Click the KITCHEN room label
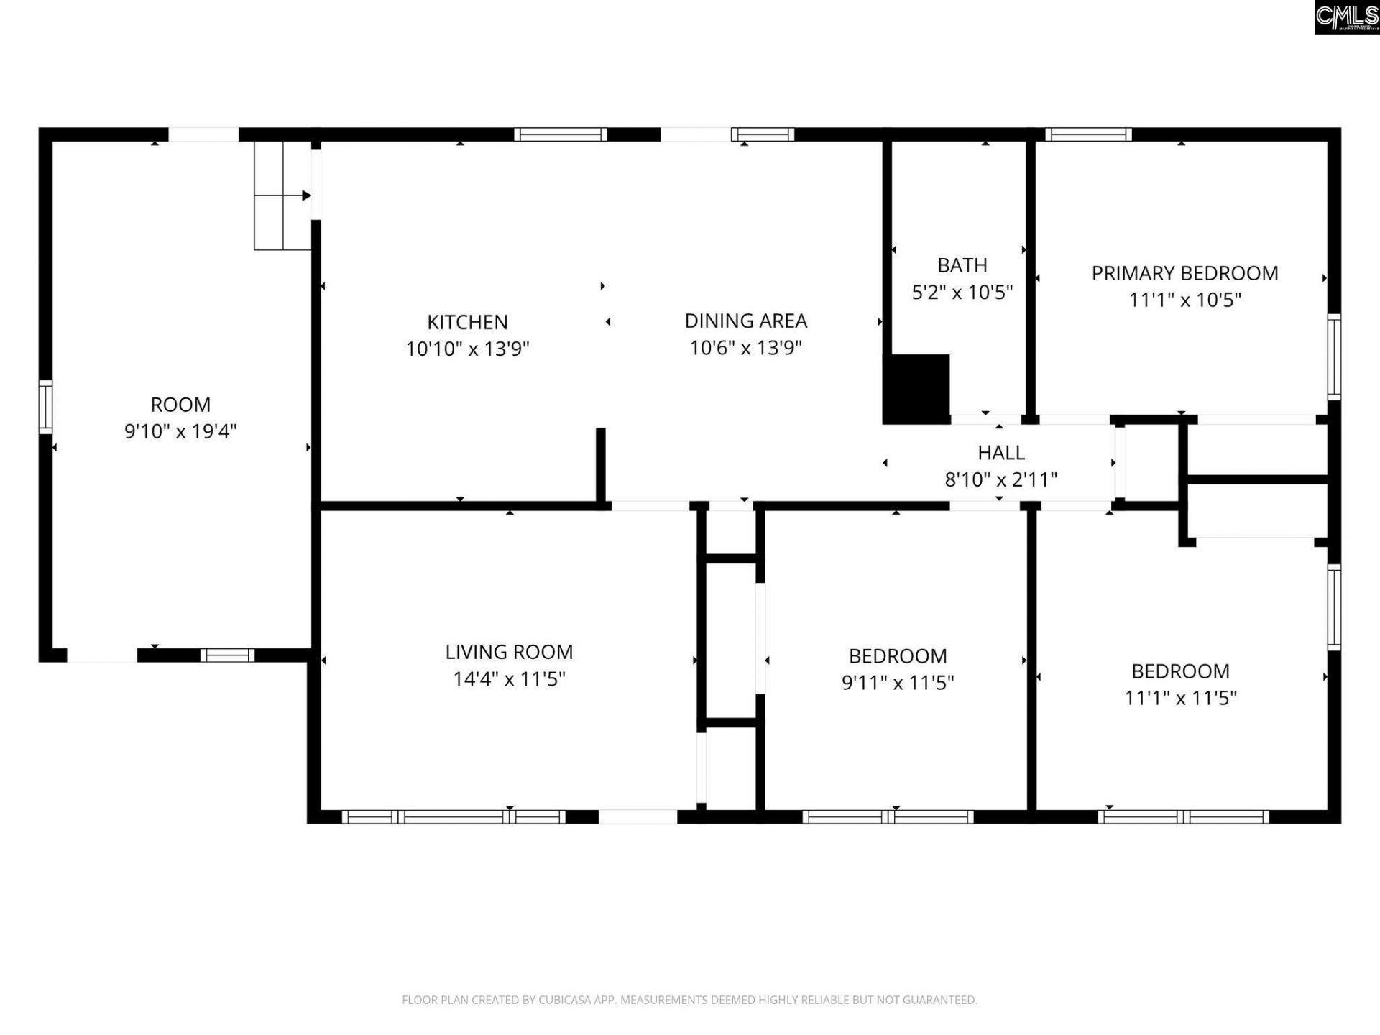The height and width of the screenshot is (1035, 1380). [x=467, y=322]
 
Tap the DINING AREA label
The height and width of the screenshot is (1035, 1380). [x=745, y=321]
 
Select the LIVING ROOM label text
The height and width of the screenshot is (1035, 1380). [x=509, y=652]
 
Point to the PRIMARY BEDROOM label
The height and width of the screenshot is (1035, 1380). [x=1184, y=273]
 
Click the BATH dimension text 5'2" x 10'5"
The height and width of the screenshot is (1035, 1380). [x=962, y=293]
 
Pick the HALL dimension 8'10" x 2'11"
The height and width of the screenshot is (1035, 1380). [x=1000, y=479]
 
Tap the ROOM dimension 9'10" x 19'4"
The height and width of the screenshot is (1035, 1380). [x=180, y=431]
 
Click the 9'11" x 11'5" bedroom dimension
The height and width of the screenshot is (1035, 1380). [x=898, y=682]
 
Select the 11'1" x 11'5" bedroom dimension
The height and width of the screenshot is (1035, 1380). [x=1180, y=697]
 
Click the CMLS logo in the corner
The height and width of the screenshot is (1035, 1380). [x=1347, y=17]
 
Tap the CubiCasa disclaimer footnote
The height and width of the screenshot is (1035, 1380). [x=689, y=1000]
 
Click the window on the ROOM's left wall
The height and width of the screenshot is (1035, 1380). [x=45, y=407]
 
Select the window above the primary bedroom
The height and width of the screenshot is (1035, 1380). [x=1088, y=134]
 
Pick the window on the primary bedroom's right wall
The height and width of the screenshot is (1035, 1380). [x=1334, y=356]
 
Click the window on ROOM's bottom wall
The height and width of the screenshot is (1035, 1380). [x=227, y=655]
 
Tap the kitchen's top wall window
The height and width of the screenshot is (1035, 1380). [x=561, y=134]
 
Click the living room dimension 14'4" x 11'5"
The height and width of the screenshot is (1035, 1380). [x=509, y=679]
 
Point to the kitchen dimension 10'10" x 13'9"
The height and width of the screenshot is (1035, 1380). [x=467, y=349]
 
